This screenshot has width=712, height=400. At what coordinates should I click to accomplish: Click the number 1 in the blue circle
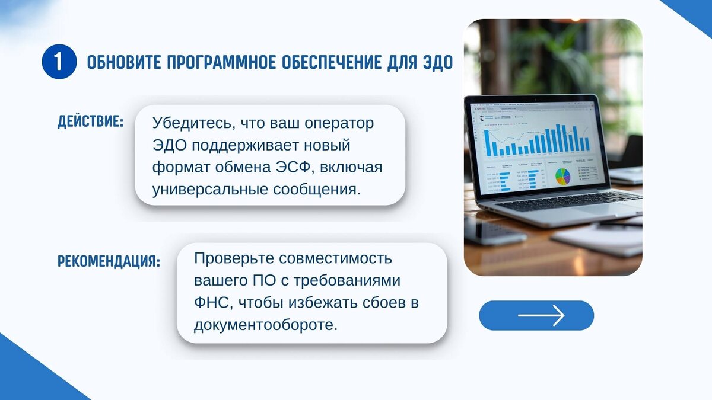58,62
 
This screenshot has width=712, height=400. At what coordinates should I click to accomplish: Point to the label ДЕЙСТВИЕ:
91,122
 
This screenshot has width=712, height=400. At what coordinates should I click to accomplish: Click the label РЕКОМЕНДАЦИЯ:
109,261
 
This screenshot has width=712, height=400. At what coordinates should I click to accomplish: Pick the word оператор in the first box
339,124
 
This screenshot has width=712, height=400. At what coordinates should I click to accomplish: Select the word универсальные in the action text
210,190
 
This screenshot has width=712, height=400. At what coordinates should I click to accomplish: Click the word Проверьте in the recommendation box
234,259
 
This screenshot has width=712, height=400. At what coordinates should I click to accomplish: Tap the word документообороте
266,325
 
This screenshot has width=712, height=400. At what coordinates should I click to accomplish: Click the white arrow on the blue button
541,315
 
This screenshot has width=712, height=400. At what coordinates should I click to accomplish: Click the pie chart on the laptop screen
562,177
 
